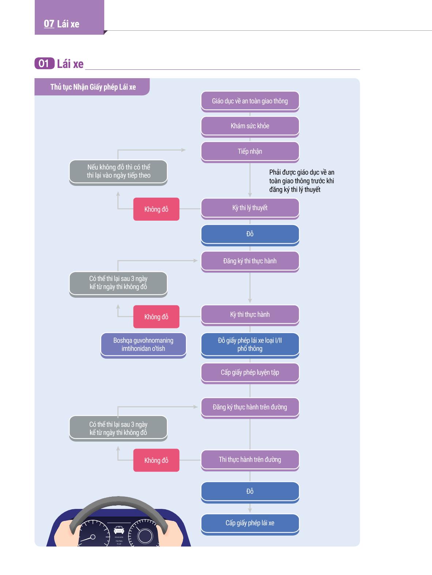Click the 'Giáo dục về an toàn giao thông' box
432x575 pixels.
[250, 102]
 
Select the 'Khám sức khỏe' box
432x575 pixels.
[250, 126]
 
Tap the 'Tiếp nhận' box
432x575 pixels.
[250, 152]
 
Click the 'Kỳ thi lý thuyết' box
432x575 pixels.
[250, 209]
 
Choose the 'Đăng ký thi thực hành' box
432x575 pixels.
[250, 262]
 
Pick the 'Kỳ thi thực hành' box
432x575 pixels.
[250, 315]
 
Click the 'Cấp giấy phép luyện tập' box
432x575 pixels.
[250, 373]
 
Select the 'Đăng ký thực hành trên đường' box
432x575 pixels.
[250, 408]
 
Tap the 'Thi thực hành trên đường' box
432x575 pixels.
[250, 460]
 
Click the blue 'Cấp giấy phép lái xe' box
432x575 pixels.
[250, 524]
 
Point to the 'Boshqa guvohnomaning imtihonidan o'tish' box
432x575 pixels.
[143, 345]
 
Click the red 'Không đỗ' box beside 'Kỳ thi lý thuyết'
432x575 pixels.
[156, 209]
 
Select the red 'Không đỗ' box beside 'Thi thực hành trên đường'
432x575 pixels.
[156, 460]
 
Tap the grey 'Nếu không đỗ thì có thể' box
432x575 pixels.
[118, 172]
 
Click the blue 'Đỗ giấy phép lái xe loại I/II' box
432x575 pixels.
[250, 345]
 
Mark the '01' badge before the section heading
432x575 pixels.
[44, 64]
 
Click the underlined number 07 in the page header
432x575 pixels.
[49, 24]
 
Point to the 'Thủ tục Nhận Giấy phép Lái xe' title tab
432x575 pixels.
[92, 87]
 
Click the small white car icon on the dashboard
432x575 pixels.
[119, 530]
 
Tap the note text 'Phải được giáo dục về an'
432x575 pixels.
[302, 172]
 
